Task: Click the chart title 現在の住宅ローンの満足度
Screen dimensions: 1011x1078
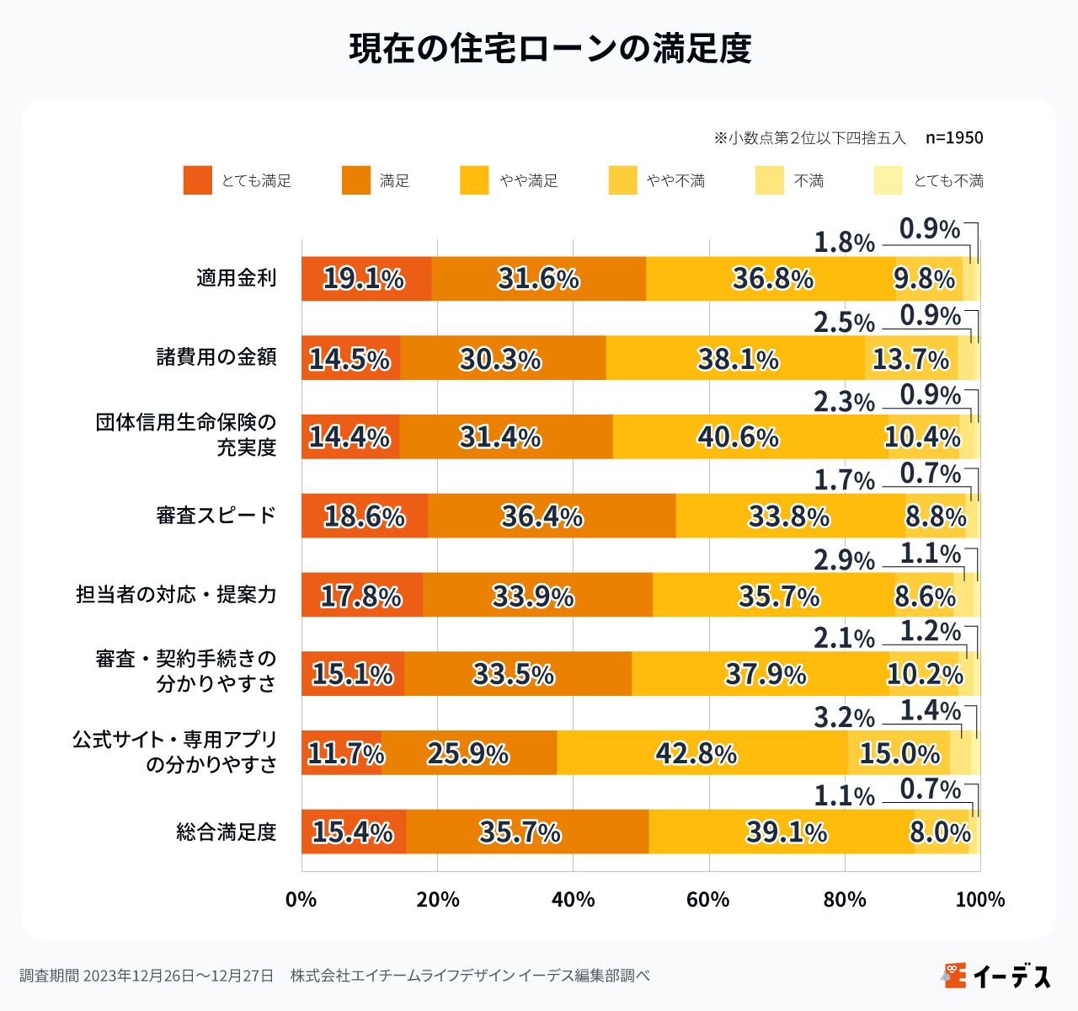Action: coord(550,49)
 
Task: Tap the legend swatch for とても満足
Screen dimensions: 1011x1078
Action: coord(198,180)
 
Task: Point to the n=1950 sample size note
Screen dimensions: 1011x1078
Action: coord(954,137)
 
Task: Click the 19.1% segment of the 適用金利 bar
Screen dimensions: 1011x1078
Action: coord(366,278)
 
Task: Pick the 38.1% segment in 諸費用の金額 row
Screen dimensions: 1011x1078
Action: coord(737,358)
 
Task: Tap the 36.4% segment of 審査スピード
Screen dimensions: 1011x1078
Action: coord(543,516)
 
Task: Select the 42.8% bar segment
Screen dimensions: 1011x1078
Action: coord(697,752)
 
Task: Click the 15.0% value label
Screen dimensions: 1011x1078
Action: coord(899,752)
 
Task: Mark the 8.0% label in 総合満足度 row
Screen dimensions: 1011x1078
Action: coord(940,832)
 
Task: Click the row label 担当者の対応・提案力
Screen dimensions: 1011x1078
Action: coord(176,595)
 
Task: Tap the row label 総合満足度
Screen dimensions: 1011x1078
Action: coord(226,832)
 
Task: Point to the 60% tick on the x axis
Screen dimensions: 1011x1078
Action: coord(708,900)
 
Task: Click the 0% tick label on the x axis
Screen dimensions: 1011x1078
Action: coord(301,900)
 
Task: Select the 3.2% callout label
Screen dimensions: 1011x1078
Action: coord(844,718)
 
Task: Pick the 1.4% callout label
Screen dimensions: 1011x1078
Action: coord(930,710)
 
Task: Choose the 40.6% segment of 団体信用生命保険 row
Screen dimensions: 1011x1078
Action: coord(739,437)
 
